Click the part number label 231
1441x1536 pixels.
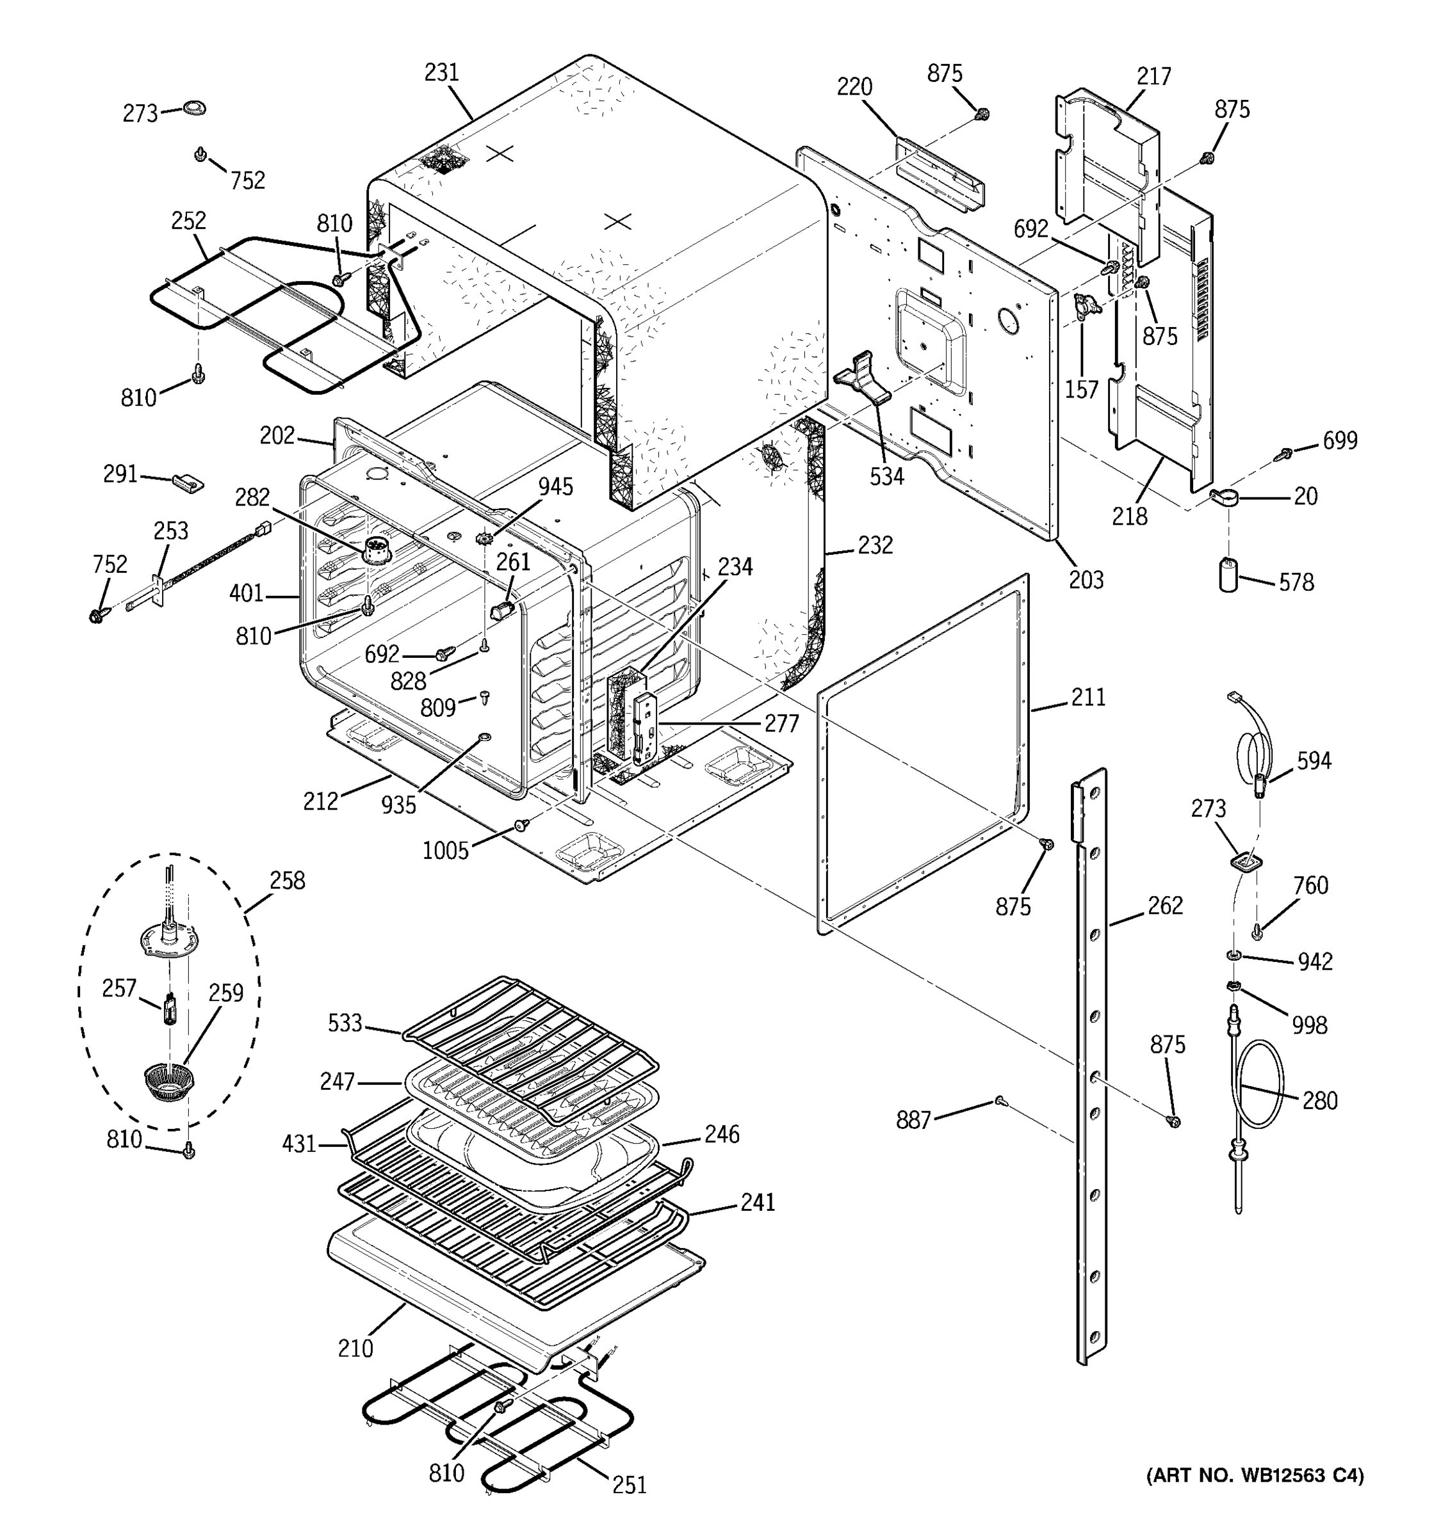[441, 72]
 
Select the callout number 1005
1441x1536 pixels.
[445, 851]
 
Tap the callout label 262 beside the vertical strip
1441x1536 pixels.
[1165, 905]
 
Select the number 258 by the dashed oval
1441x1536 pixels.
[287, 880]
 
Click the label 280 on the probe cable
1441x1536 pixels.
[1319, 1100]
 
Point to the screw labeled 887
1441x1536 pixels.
[1000, 1101]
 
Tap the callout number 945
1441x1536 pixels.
[555, 487]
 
